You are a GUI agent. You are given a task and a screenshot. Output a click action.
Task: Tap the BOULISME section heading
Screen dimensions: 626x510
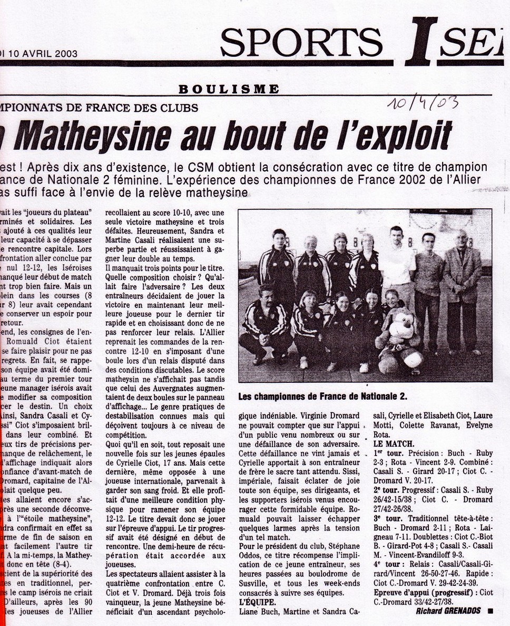point(229,89)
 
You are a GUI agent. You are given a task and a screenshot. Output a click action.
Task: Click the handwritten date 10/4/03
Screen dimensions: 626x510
point(423,102)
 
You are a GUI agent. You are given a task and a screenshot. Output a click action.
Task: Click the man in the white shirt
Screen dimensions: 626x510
point(396,264)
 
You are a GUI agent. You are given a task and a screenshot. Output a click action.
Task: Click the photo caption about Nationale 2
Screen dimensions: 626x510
point(323,396)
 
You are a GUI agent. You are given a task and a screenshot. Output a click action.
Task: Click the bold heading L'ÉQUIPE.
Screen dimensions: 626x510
point(258,601)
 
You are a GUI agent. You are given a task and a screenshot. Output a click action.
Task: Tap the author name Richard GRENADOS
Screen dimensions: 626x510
point(449,611)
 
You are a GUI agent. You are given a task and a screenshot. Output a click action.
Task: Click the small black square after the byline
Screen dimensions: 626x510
point(490,611)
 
